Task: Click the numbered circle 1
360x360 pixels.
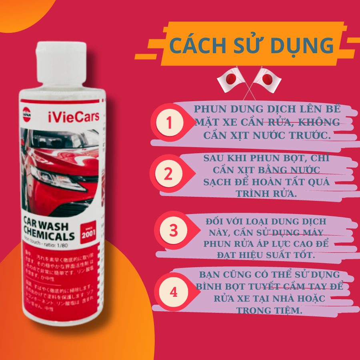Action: tap(169, 123)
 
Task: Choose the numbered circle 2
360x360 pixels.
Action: tap(168, 174)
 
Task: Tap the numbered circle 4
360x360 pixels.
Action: tap(173, 292)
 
